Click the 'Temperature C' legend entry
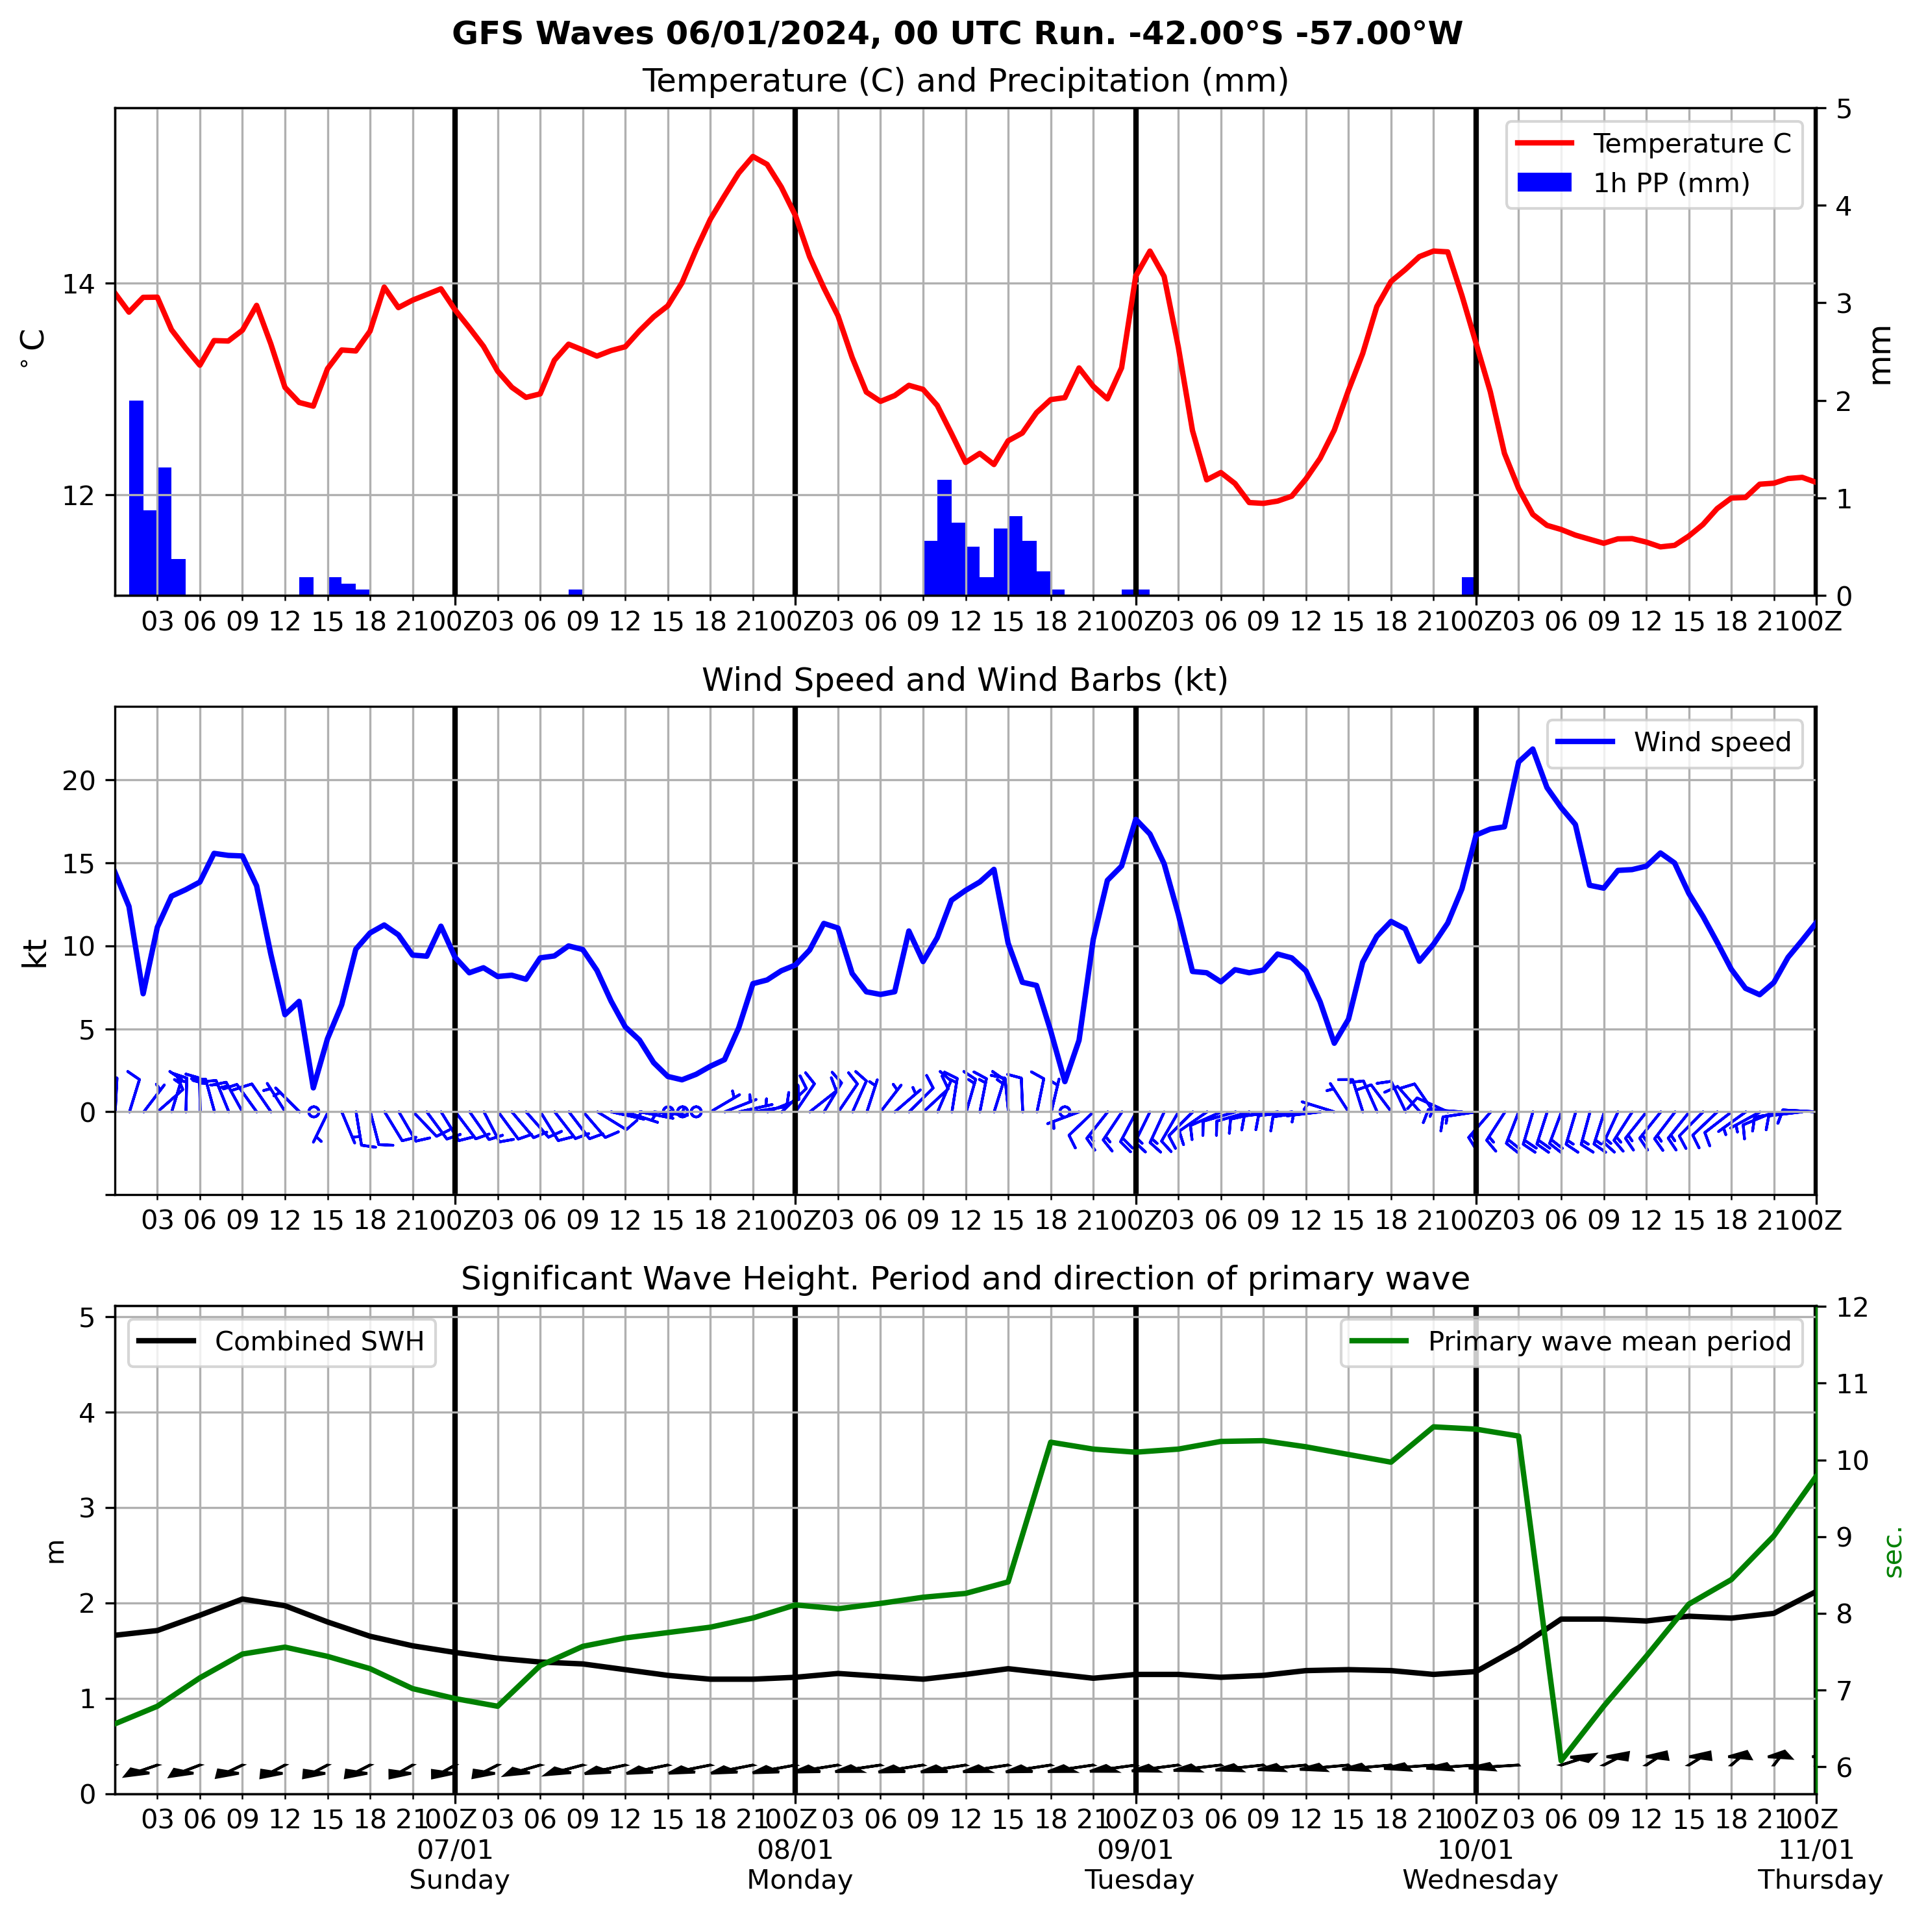pyautogui.click(x=1691, y=143)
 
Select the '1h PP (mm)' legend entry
pyautogui.click(x=1671, y=184)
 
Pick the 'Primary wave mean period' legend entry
pyautogui.click(x=1609, y=1342)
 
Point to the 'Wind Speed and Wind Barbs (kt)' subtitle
pyautogui.click(x=964, y=680)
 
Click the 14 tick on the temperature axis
pyautogui.click(x=79, y=285)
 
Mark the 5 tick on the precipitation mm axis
pyautogui.click(x=1844, y=108)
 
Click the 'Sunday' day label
pyautogui.click(x=458, y=1880)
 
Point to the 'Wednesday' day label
pyautogui.click(x=1479, y=1880)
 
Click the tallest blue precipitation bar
pyautogui.click(x=136, y=499)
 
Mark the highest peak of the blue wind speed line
pyautogui.click(x=1532, y=749)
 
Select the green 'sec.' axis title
pyautogui.click(x=1893, y=1551)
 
